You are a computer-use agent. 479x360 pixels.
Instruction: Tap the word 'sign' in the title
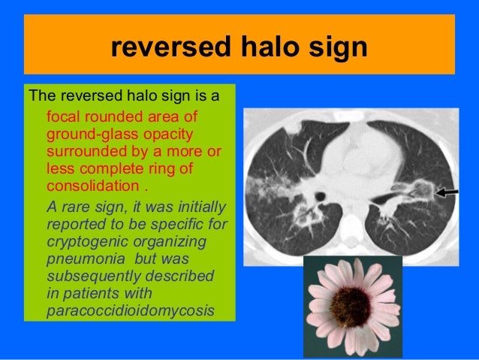pyautogui.click(x=335, y=48)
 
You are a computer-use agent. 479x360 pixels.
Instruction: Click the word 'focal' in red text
pyautogui.click(x=63, y=118)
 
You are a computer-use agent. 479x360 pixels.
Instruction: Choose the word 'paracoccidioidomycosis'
pyautogui.click(x=120, y=310)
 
